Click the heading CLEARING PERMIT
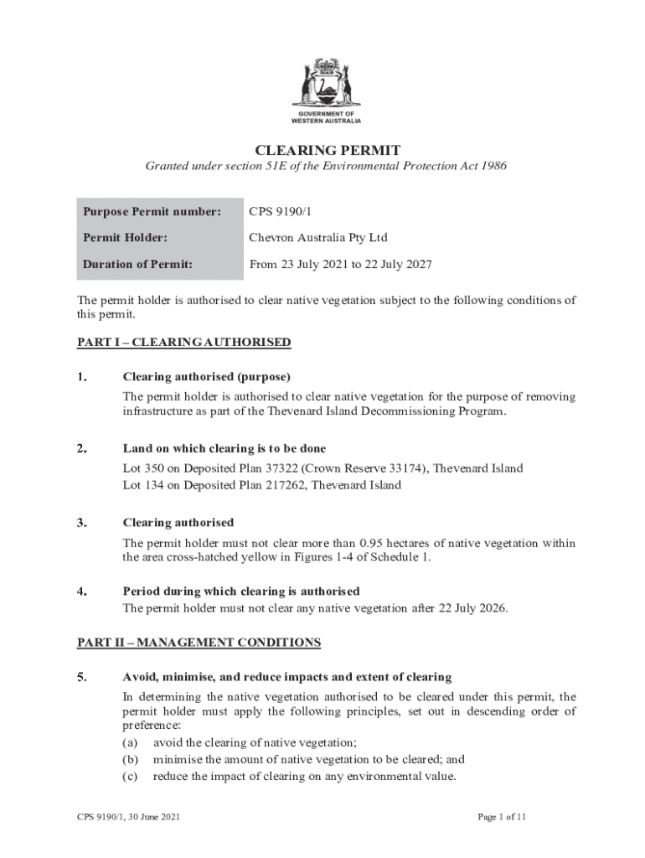point(327,150)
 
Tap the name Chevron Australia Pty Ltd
point(317,237)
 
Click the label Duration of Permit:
point(137,264)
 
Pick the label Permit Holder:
point(125,237)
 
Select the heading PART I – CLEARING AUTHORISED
point(184,342)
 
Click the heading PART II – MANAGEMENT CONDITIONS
point(199,643)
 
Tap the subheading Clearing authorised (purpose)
point(206,376)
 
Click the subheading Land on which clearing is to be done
point(224,448)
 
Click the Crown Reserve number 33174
point(404,468)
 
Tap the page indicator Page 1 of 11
point(502,816)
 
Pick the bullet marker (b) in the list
point(131,759)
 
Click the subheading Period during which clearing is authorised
point(241,591)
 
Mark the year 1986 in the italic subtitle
point(491,166)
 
